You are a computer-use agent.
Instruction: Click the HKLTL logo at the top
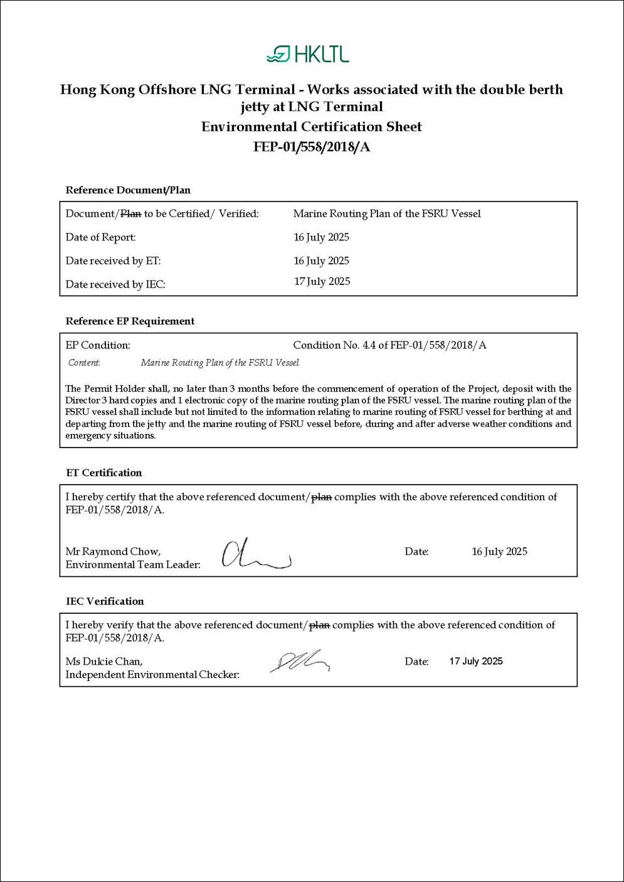[x=308, y=55]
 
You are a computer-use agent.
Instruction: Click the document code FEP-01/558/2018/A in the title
[x=312, y=147]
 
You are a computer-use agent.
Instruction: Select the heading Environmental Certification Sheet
[x=312, y=127]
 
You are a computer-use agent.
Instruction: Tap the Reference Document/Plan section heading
[x=128, y=190]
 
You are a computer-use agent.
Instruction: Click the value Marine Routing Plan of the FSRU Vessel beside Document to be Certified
[x=387, y=214]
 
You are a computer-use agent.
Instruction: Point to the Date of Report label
[x=100, y=237]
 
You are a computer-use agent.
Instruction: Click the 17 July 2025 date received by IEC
[x=322, y=282]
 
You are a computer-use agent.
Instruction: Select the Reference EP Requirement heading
[x=130, y=321]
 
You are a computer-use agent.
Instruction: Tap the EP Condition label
[x=98, y=345]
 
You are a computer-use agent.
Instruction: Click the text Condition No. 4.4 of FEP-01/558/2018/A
[x=389, y=345]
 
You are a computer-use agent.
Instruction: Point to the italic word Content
[x=84, y=363]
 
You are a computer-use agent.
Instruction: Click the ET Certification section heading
[x=104, y=473]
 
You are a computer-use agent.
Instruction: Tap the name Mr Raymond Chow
[x=113, y=552]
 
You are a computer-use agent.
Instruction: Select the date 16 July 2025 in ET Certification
[x=499, y=552]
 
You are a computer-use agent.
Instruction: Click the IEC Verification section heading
[x=105, y=601]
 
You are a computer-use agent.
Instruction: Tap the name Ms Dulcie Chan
[x=104, y=662]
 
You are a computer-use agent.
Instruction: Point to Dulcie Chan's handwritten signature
[x=300, y=661]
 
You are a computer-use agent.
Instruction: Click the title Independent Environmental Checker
[x=152, y=675]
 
